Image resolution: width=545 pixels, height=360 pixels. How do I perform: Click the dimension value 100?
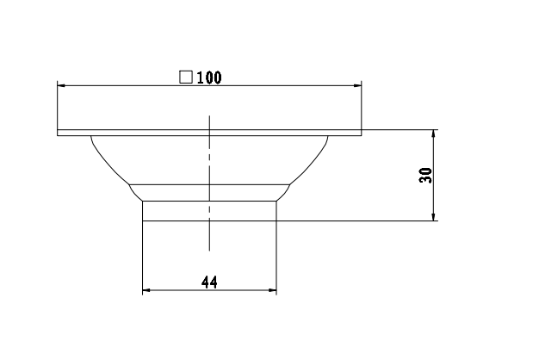pos(209,78)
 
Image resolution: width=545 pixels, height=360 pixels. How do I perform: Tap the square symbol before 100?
pos(185,77)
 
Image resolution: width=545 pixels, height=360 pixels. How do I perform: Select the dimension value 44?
pos(209,282)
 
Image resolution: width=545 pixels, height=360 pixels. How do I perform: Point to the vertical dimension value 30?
pos(424,176)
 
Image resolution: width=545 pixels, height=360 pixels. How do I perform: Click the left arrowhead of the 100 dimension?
pos(62,85)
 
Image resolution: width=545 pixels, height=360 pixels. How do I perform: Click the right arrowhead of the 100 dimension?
pos(356,85)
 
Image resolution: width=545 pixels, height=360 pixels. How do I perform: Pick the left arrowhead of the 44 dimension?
pos(147,291)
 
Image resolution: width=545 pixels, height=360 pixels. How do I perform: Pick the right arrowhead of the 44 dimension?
pos(272,291)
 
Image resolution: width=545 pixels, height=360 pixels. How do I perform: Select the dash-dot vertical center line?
pos(209,172)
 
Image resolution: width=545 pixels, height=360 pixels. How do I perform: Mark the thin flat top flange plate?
pos(209,133)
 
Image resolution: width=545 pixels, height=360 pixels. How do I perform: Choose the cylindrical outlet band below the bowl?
pos(209,211)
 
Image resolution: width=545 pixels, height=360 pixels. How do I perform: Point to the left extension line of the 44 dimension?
pos(142,258)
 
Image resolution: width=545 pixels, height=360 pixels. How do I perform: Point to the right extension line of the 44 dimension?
pos(277,258)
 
